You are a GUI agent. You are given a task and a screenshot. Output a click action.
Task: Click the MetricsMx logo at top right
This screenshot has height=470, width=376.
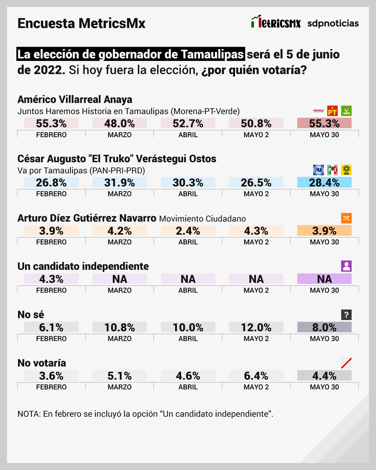[x=276, y=22]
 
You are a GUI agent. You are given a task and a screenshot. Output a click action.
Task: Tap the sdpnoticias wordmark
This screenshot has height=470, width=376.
[x=333, y=23]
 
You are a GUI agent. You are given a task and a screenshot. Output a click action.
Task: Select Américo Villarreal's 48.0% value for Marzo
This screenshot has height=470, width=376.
[x=119, y=123]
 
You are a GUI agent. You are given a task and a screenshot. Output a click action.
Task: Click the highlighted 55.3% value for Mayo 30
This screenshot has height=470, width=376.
[x=324, y=123]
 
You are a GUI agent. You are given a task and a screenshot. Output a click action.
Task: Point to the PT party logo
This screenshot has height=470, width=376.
[x=332, y=111]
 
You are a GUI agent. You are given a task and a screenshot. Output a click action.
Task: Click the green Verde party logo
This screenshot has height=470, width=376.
[x=346, y=111]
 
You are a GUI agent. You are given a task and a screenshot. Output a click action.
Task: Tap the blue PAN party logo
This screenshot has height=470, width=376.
[x=319, y=170]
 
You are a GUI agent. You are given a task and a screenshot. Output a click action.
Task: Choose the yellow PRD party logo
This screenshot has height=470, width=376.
[x=346, y=170]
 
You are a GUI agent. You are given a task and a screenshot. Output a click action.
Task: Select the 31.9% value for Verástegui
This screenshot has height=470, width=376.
[x=119, y=182]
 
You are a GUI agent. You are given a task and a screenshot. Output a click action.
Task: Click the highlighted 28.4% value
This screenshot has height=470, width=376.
[x=324, y=182]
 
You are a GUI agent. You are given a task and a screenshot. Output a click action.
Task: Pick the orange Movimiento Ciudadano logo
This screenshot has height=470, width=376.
[x=346, y=218]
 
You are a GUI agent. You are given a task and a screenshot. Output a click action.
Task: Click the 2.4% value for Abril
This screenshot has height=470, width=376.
[x=188, y=231]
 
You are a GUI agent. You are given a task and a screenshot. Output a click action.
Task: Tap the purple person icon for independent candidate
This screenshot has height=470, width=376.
[x=346, y=266]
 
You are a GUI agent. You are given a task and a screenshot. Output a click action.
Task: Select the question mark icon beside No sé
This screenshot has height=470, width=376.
[x=346, y=315]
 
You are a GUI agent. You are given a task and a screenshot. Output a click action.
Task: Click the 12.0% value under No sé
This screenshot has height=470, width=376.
[x=256, y=327]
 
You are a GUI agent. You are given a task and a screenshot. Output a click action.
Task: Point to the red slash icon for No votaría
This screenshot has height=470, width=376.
[x=346, y=363]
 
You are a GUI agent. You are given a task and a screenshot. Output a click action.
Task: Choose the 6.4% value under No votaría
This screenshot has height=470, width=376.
[x=256, y=376]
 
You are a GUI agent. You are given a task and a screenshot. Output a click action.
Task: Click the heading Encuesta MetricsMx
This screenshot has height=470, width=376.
[x=81, y=23]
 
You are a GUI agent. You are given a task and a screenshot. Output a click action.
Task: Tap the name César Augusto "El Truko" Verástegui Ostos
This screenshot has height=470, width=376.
[x=117, y=159]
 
